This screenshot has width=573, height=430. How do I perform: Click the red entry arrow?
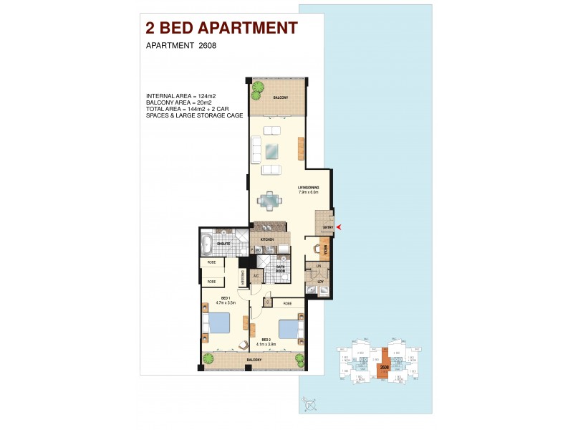click(339, 228)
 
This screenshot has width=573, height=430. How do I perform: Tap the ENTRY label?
click(328, 228)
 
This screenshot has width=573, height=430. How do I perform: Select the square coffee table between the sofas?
click(272, 151)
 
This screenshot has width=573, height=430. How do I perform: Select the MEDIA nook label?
click(325, 249)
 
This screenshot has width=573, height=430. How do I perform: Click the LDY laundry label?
click(320, 282)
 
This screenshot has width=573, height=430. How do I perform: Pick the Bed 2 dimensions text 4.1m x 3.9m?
click(269, 344)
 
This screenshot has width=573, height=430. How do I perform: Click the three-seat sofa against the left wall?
click(256, 150)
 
